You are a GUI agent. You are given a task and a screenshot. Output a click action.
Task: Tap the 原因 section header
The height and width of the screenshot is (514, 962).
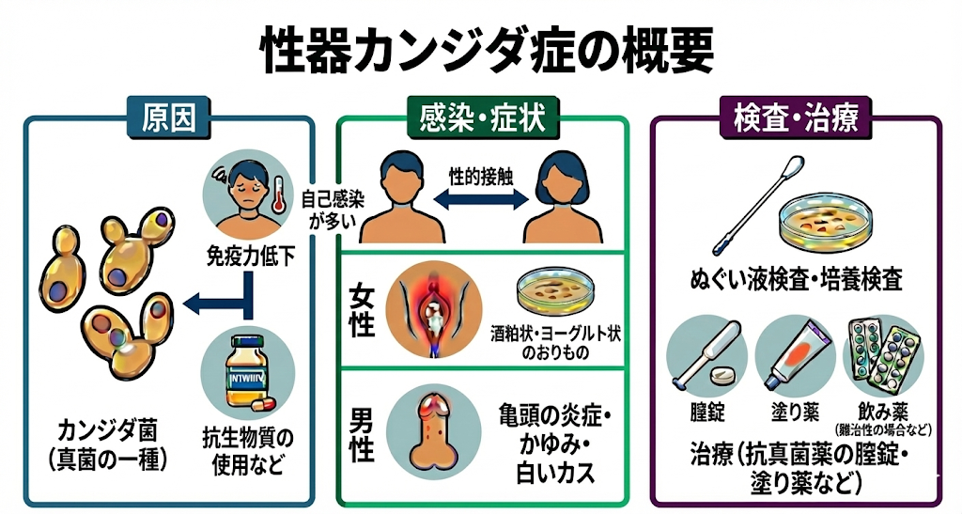169,119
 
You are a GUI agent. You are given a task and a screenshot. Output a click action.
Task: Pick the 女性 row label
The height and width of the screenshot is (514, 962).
362,312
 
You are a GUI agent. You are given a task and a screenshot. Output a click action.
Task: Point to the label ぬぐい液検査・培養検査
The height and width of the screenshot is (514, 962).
794,279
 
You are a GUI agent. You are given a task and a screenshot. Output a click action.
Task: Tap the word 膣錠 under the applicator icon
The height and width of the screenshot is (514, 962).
707,413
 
